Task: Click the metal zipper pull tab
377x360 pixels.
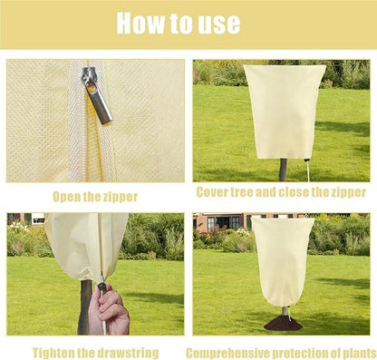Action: (x=99, y=102)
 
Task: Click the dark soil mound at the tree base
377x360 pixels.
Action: (x=283, y=324)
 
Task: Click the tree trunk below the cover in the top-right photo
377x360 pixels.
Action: (x=283, y=170)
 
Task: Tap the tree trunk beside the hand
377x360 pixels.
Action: (x=84, y=306)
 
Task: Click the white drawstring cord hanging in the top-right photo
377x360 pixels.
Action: (x=308, y=170)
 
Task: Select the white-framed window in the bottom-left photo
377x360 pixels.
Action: (x=38, y=219)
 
